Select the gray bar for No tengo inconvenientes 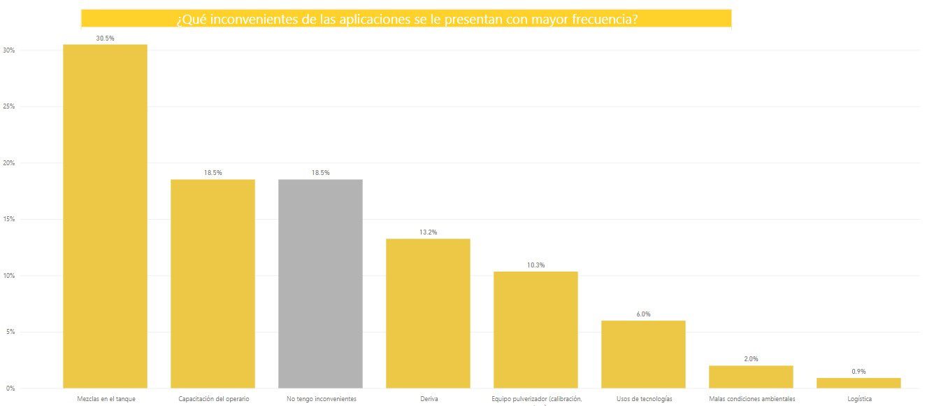coord(320,283)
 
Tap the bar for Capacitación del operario coord(213,283)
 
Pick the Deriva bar coord(428,313)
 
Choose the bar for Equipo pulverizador coord(536,329)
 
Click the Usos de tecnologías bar coord(643,353)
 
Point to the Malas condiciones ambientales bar coord(751,377)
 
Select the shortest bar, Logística coord(858,383)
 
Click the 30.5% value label coord(105,38)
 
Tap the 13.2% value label coord(428,232)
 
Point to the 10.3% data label coord(536,265)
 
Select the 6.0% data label coord(643,314)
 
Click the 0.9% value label coord(858,372)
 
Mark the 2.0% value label coord(751,359)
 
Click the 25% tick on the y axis coord(9,107)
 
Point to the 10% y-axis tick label coord(9,276)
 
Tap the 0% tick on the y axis coord(10,388)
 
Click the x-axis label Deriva coord(428,399)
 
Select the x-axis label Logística coord(858,399)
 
